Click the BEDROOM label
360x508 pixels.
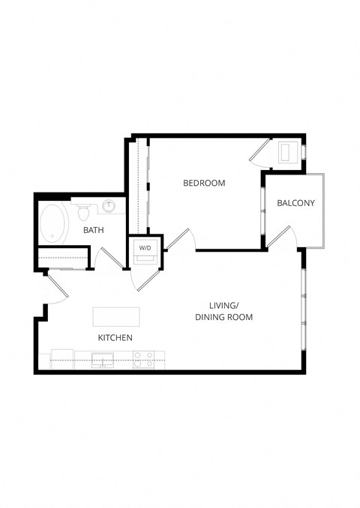point(204,183)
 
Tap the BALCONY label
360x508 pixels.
point(295,203)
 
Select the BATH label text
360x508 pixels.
point(94,230)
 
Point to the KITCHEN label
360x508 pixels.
point(115,338)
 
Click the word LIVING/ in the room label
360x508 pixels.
point(223,305)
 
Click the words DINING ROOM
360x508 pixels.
point(223,317)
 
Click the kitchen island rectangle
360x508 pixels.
point(117,316)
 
